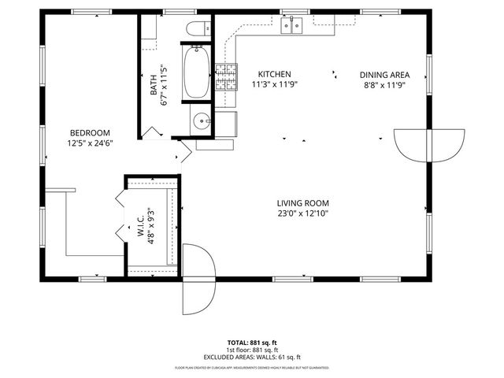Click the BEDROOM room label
[90, 133]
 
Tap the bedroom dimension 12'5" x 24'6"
[90, 143]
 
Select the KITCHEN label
[275, 73]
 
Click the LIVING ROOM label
[302, 202]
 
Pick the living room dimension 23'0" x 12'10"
[302, 213]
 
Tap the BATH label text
[154, 85]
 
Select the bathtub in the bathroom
[195, 72]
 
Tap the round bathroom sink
[202, 122]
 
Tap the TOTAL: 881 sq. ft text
[252, 343]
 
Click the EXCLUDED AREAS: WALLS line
[252, 358]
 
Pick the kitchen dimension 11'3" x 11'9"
[275, 84]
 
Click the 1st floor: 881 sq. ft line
[252, 350]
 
